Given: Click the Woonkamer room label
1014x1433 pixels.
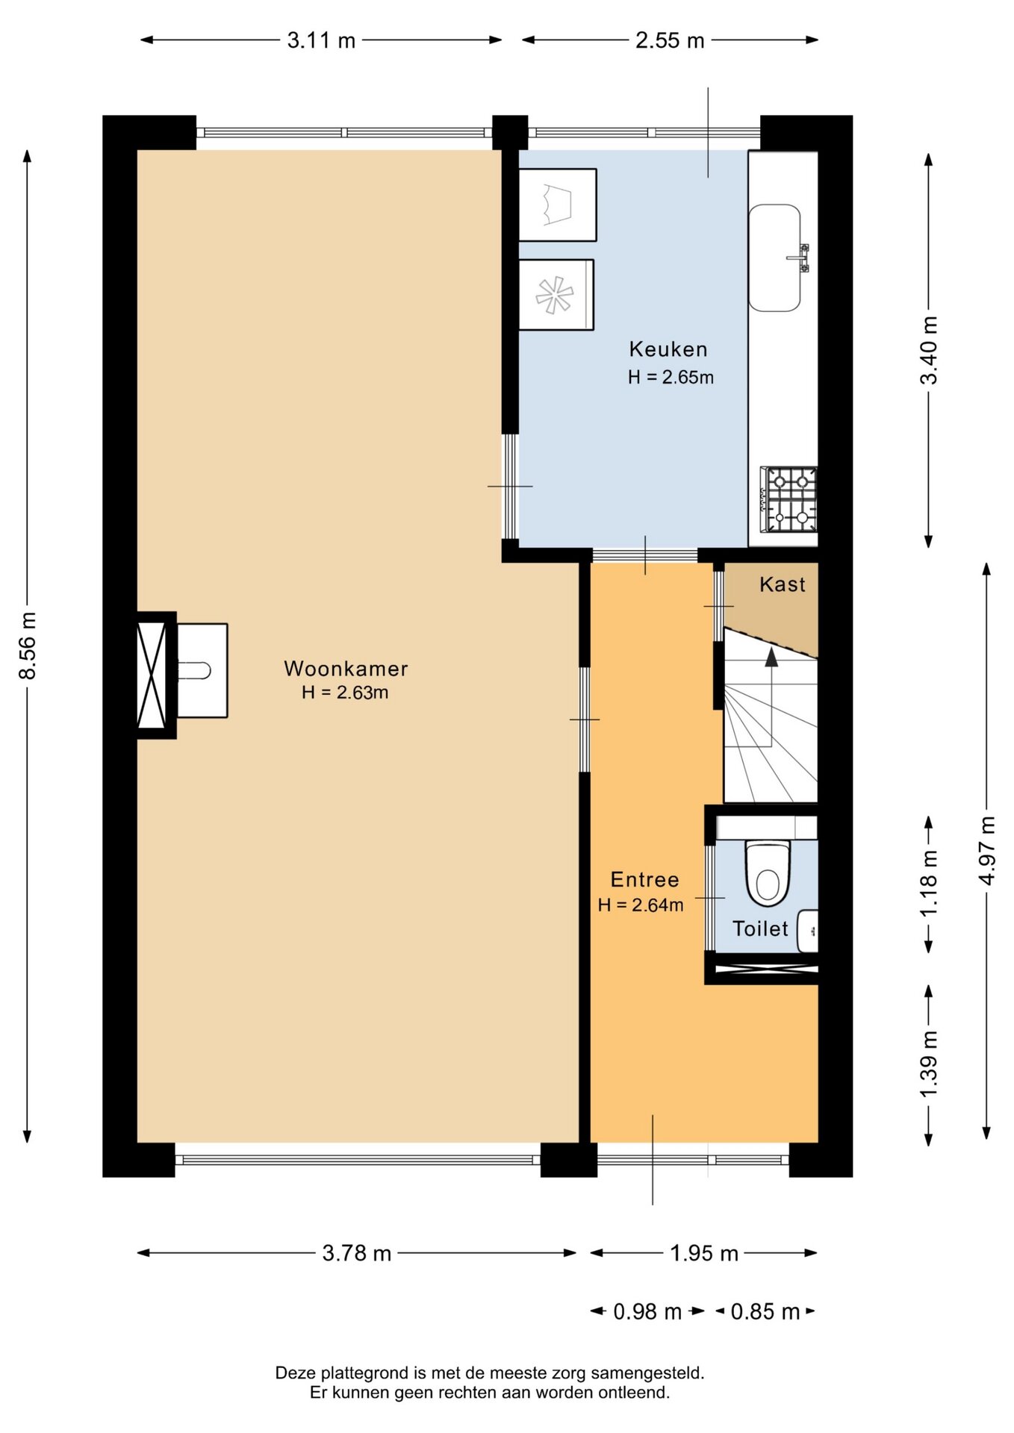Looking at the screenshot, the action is pos(346,669).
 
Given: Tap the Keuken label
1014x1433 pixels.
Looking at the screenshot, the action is pos(668,349).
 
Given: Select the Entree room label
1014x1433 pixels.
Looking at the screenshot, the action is pos(644,880).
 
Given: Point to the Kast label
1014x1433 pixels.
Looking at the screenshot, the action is pos(783,584).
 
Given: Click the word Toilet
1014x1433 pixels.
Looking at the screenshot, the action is pos(760,929).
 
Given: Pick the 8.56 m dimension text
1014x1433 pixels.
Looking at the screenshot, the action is pos(28,646).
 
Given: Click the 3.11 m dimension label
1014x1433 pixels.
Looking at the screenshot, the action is pos(321,40).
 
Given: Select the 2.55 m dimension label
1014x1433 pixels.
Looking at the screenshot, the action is pos(670,40).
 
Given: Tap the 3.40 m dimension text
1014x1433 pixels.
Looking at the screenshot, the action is pos(928,350).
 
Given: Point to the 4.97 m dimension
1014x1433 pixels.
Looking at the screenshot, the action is pos(987,851).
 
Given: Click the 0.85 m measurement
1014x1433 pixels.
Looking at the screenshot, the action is pos(765,1311).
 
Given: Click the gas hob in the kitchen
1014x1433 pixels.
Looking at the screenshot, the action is pos(789,499).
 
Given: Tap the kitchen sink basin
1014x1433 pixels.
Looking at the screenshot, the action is pos(775,258).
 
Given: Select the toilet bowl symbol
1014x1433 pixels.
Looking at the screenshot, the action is pos(768,872).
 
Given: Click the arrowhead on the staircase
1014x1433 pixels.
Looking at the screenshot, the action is pos(771,656).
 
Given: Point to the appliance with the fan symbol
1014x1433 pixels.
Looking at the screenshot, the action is pos(556,295).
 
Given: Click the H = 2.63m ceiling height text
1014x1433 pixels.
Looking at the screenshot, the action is pos(345,693).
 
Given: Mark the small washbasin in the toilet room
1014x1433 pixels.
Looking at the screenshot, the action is pos(808,931).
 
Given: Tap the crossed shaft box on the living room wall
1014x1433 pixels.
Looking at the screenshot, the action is pos(152,675).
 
